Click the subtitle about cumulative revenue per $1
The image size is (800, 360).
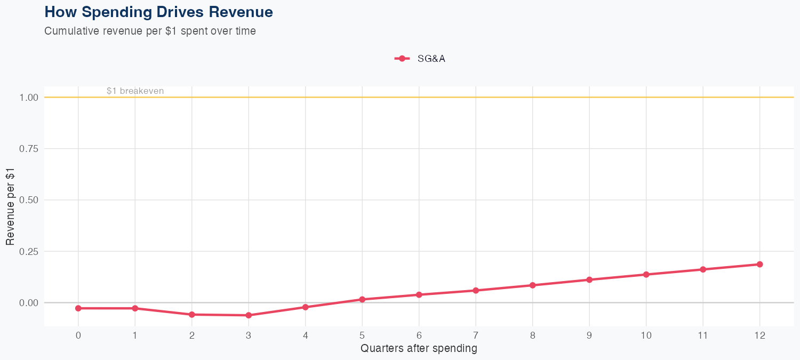pos(150,31)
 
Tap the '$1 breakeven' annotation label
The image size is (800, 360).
pos(135,91)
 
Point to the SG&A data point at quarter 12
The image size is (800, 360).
pos(759,265)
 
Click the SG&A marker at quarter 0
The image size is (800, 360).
pos(78,308)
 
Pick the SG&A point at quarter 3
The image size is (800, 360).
pos(249,316)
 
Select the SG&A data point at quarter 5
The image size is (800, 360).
pos(362,300)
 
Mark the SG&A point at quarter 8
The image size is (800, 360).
pos(532,285)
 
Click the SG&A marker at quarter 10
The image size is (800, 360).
pos(646,275)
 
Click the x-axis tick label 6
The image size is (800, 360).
pos(419,335)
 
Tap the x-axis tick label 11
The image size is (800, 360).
pos(703,335)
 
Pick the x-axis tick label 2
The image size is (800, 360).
pos(191,335)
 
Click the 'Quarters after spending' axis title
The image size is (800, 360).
pos(419,349)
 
